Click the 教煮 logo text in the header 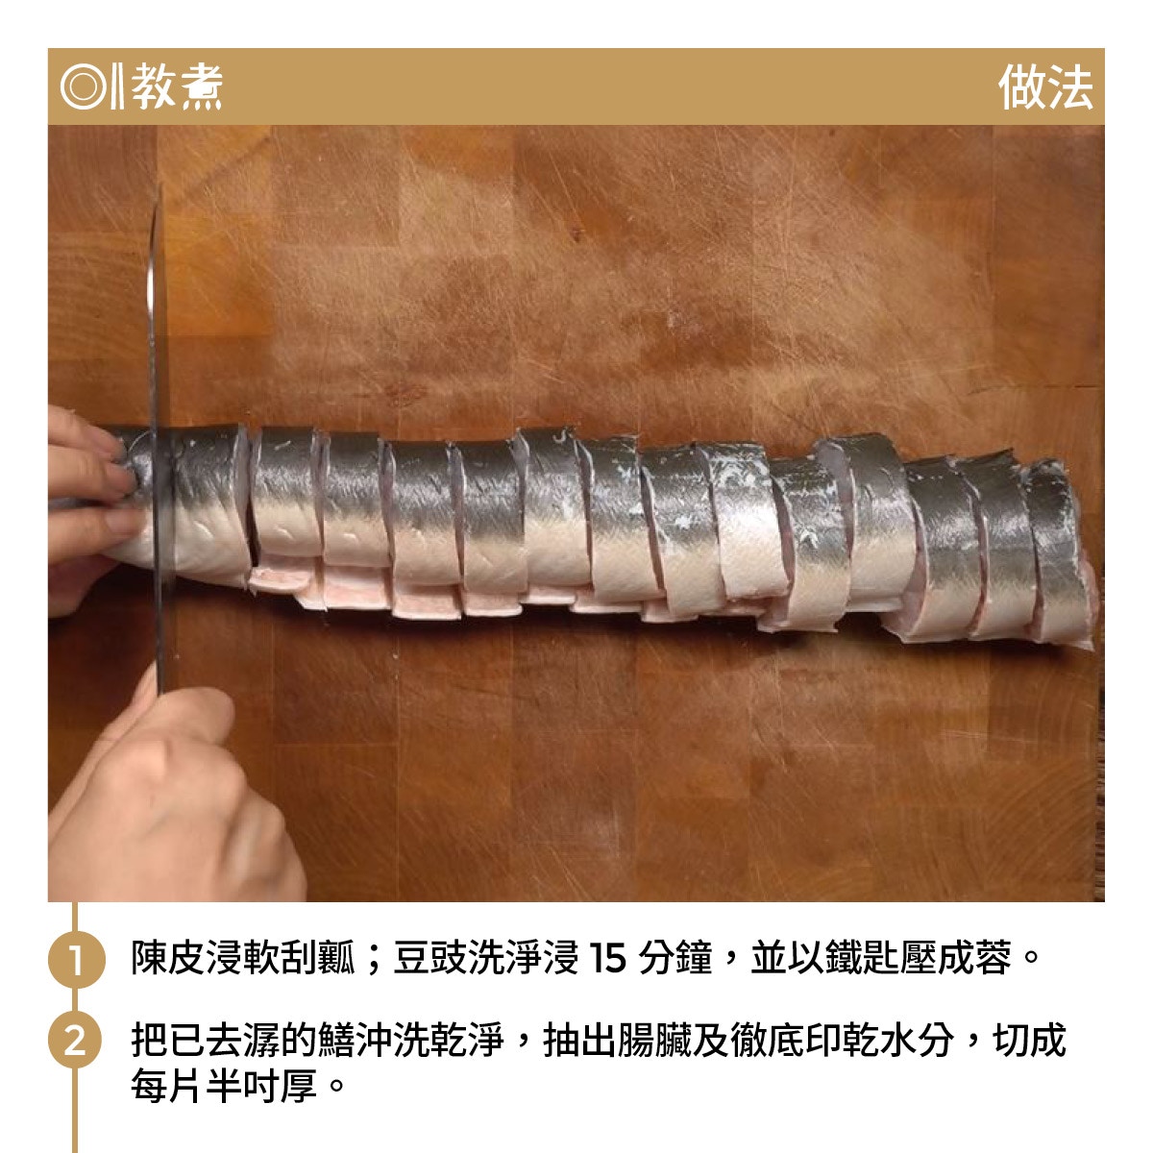pos(177,87)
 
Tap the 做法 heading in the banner pos(1045,87)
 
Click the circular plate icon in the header pos(83,86)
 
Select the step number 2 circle pos(76,1041)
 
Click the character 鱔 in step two pos(336,1041)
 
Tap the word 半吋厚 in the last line pos(261,1087)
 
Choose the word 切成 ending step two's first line pos(1029,1041)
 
